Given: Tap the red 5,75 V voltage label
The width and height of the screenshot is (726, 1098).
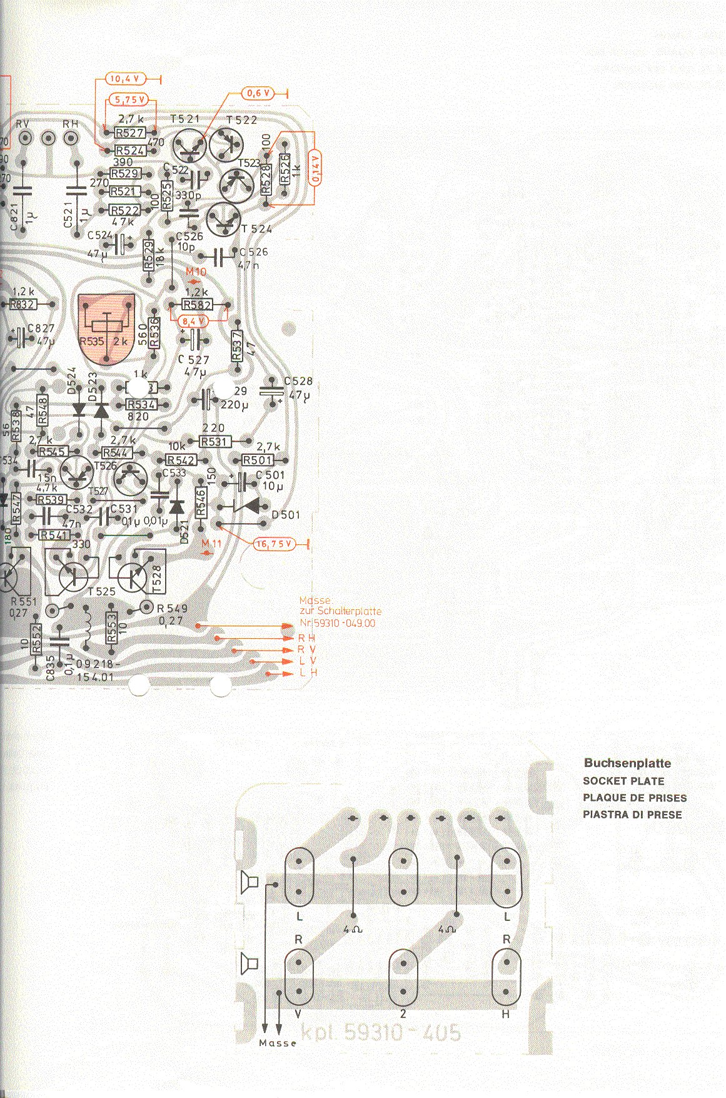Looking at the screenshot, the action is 129,99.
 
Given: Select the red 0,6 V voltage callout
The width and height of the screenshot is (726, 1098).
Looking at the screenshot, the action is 258,93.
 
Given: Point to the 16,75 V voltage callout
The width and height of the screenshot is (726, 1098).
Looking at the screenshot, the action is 274,544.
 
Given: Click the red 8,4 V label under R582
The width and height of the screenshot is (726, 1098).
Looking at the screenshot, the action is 193,321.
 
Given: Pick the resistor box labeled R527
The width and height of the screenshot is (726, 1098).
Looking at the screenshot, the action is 130,133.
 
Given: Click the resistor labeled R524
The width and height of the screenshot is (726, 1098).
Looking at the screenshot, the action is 130,151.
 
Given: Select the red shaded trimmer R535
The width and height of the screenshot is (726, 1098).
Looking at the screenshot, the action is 106,328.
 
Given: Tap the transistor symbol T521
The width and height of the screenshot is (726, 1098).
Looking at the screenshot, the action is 189,145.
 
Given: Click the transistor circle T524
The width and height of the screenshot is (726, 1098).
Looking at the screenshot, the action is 223,219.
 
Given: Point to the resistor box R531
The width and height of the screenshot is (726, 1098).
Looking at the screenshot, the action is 213,442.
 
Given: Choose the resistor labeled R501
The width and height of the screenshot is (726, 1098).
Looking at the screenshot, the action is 258,460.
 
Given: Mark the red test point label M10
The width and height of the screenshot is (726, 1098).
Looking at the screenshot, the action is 196,272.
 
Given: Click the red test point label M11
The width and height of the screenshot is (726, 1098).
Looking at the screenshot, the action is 212,544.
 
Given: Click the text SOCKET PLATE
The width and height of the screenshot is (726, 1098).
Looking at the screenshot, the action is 623,781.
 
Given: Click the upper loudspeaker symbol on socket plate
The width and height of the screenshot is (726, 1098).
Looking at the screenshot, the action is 249,882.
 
